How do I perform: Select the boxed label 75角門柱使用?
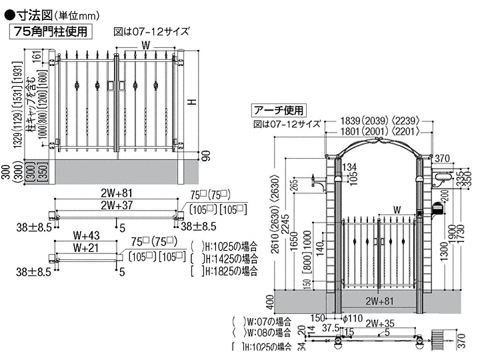pos(50,30)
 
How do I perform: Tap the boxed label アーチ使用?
pos(279,110)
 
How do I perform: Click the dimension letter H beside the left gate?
pos(191,101)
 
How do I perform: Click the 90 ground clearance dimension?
pos(206,154)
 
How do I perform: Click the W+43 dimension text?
pos(86,235)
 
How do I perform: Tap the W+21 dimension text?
pos(86,247)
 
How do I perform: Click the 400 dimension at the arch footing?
pos(270,305)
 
